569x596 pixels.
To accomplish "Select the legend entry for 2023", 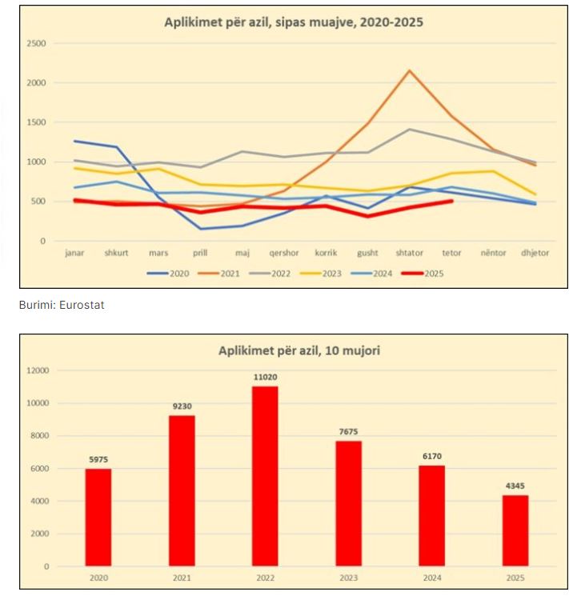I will click(x=326, y=273).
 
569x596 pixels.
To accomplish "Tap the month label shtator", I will click(x=410, y=253).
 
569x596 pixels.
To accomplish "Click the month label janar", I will click(x=74, y=253).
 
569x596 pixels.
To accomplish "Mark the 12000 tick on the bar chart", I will click(x=38, y=370).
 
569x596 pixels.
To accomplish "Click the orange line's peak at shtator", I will click(x=410, y=70).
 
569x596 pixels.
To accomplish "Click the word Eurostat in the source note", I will click(x=86, y=305).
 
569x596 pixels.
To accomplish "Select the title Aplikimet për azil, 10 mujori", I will click(x=294, y=350).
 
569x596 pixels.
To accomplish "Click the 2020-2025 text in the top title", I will click(x=390, y=22).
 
